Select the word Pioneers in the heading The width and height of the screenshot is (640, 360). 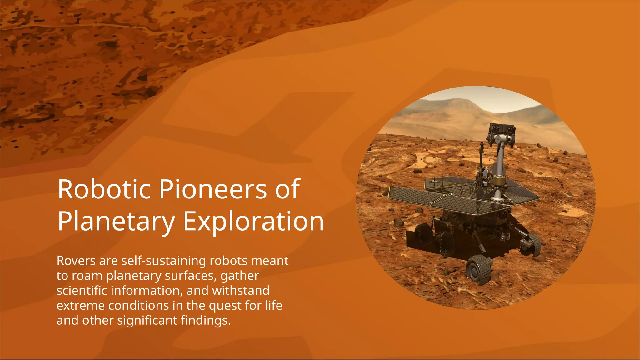click(213, 189)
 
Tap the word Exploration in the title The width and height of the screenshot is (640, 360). click(253, 221)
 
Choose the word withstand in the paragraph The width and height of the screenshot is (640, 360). click(241, 291)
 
